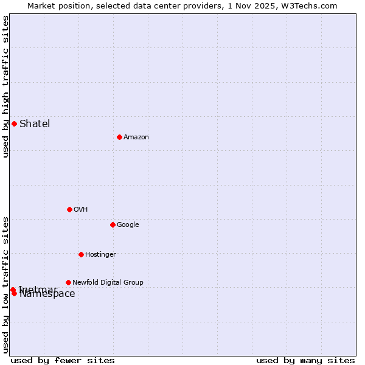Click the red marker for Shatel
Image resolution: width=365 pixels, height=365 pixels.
[x=14, y=123]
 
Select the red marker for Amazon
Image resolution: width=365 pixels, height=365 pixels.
[x=119, y=137]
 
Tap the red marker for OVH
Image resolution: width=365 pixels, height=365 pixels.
[x=69, y=209]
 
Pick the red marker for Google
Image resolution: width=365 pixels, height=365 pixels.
[x=113, y=224]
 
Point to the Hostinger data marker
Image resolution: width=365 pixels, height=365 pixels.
[x=81, y=254]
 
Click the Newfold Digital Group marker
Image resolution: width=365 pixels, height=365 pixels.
[x=68, y=282]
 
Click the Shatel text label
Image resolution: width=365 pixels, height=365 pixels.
[x=35, y=124]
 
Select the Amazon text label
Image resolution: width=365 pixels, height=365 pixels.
[x=136, y=137]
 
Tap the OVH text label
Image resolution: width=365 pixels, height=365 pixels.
[x=81, y=210]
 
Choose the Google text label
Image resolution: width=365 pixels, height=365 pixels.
[x=128, y=225]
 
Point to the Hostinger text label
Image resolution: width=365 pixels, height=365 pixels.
[x=100, y=255]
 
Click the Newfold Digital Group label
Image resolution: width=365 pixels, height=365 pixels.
[x=108, y=283]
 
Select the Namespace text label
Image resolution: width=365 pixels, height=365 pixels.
[x=47, y=294]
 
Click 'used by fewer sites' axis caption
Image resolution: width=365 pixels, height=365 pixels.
[x=63, y=360]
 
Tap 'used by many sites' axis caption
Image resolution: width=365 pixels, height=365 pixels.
[x=305, y=360]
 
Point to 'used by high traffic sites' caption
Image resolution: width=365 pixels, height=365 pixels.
[x=5, y=86]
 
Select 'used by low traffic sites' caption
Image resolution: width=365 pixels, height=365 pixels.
[x=5, y=284]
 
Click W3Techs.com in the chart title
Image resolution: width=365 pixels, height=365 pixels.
[x=312, y=5]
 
